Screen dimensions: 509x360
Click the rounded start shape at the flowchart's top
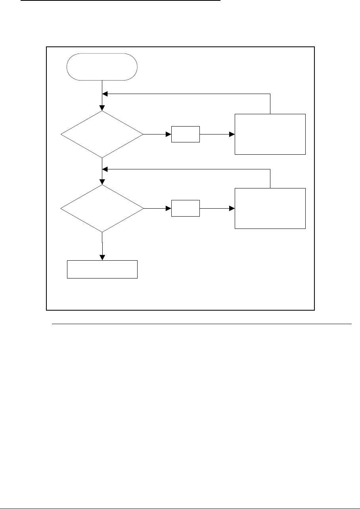click(102, 67)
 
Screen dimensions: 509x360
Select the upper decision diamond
click(102, 134)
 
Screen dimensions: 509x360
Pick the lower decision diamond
click(102, 208)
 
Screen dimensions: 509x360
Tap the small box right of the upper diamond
click(186, 134)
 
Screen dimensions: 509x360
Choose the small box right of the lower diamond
click(186, 208)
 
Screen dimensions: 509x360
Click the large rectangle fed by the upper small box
click(270, 134)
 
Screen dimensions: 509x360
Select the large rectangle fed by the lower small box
click(270, 208)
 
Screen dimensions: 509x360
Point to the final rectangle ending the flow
click(102, 269)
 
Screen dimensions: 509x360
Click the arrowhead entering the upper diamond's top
click(102, 108)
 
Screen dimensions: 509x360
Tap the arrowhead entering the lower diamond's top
click(102, 182)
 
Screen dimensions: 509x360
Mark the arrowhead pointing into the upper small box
click(169, 134)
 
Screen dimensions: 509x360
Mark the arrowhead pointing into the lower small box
click(169, 208)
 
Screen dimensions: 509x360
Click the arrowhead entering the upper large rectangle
click(232, 134)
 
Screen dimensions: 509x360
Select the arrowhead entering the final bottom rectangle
click(102, 258)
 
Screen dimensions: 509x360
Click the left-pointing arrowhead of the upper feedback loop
click(105, 94)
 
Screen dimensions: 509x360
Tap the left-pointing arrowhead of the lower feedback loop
click(105, 168)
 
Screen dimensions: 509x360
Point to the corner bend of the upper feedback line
click(270, 94)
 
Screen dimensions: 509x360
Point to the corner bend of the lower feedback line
click(270, 168)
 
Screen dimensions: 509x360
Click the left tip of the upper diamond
click(61, 134)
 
